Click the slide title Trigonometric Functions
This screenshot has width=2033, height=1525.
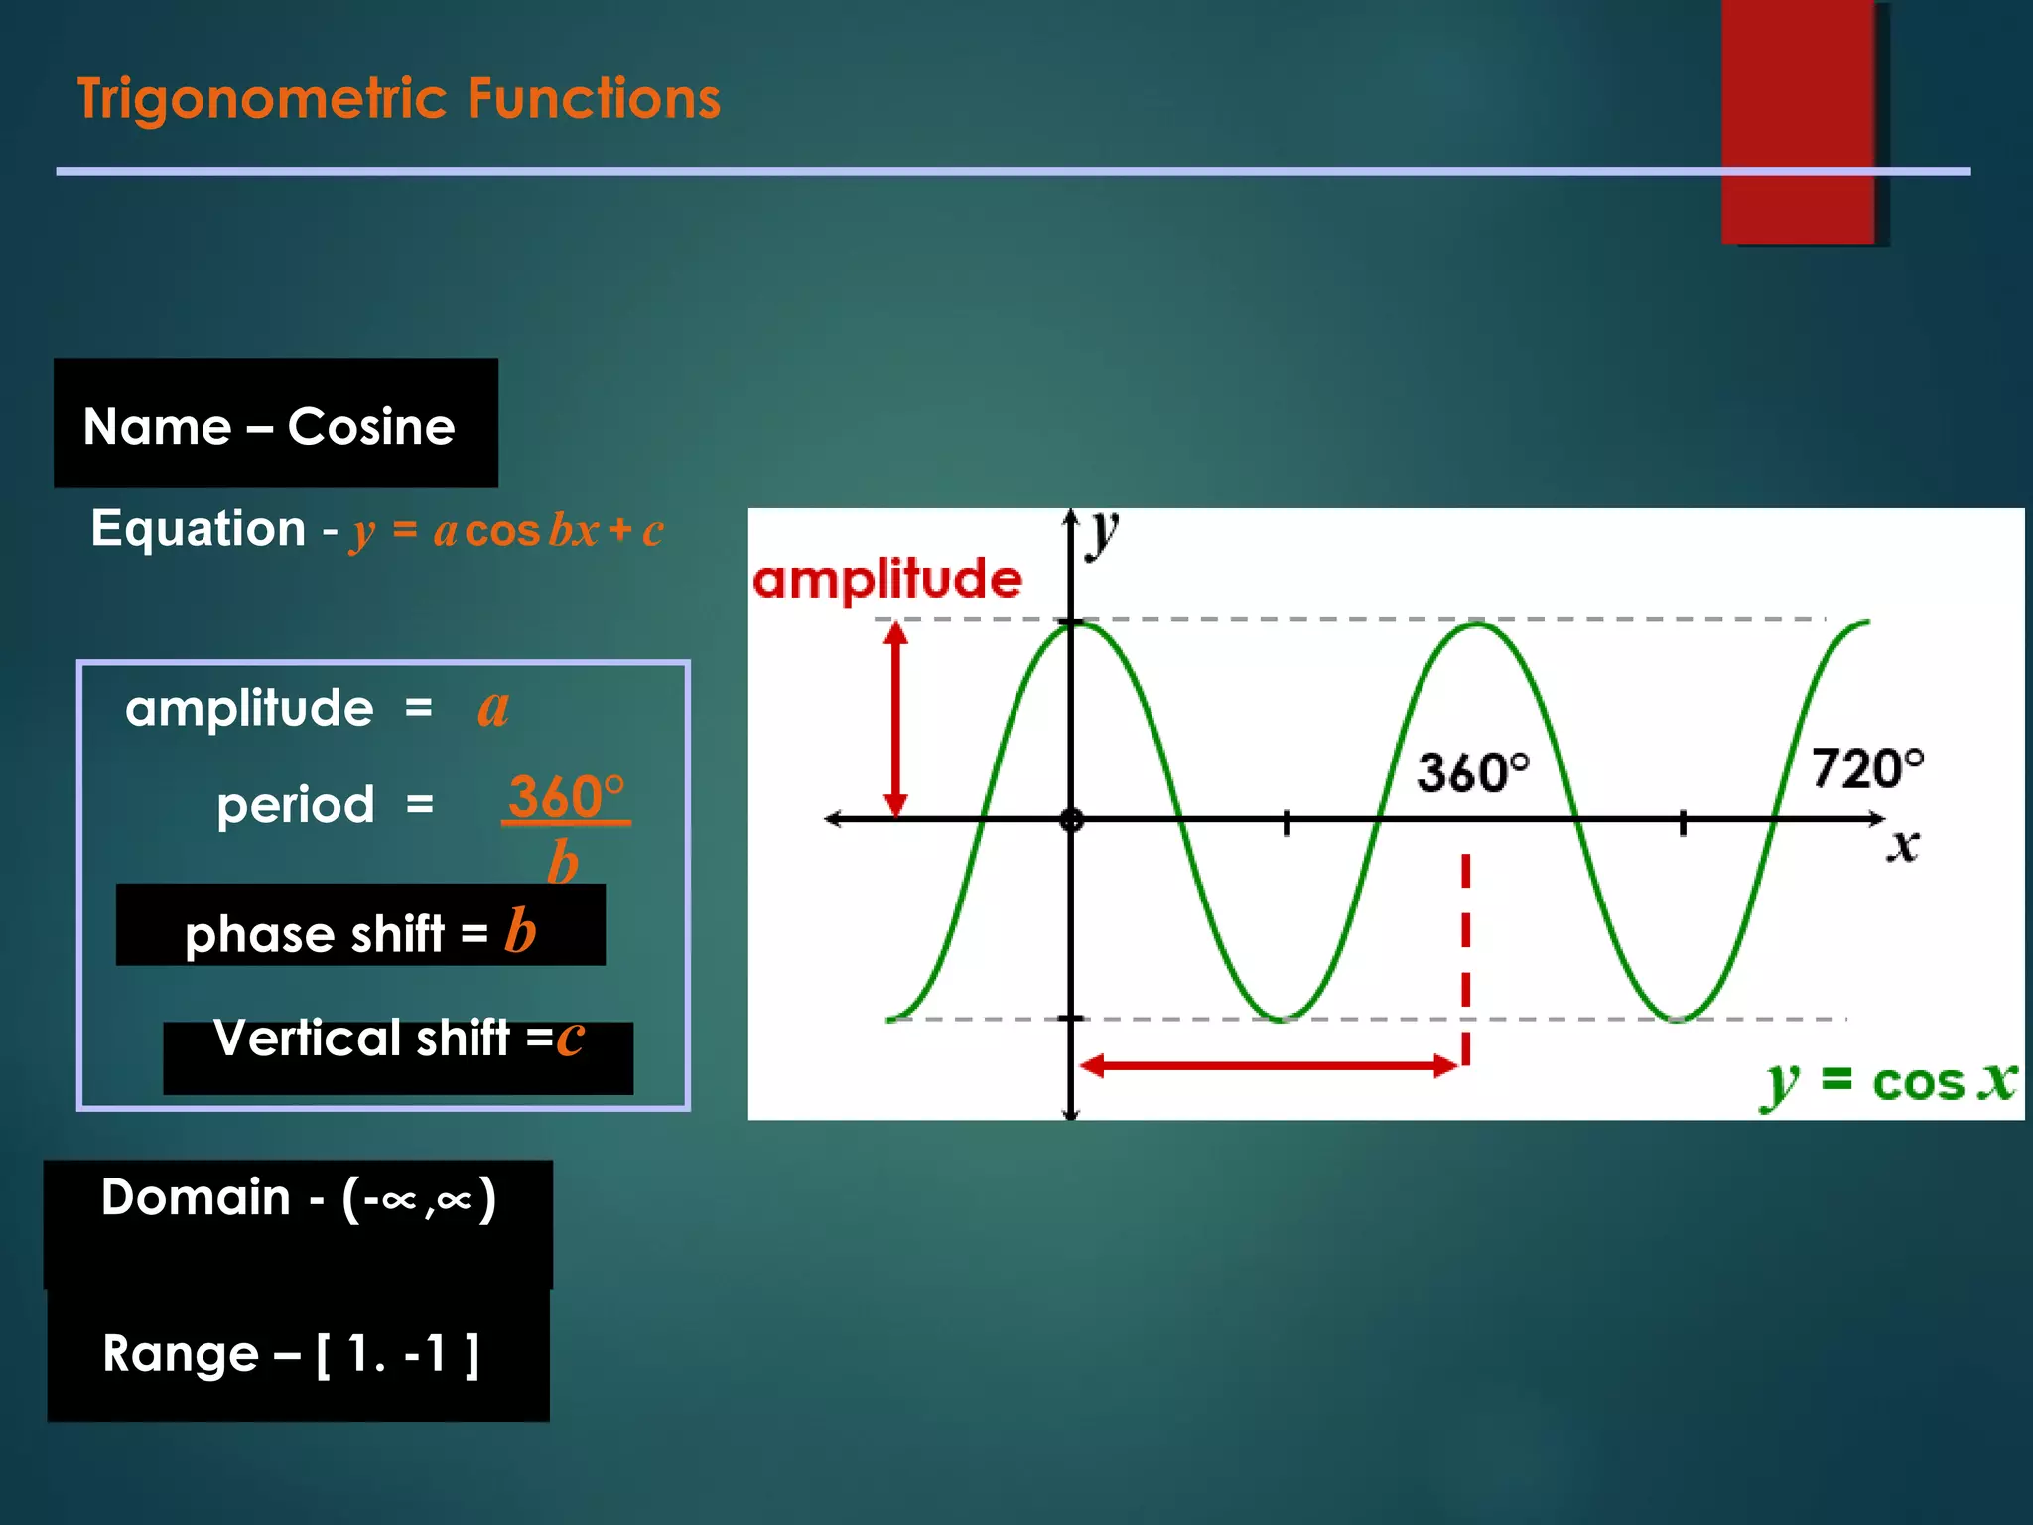[399, 99]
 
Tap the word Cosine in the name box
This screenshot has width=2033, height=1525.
[370, 427]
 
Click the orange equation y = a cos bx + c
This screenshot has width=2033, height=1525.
[506, 530]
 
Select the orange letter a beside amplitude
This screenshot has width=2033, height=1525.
[493, 707]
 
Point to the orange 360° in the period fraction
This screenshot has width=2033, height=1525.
[567, 796]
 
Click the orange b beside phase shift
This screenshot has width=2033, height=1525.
[520, 931]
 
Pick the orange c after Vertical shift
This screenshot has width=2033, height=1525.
[570, 1039]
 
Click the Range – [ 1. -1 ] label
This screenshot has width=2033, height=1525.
[292, 1353]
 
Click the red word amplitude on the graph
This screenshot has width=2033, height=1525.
[886, 579]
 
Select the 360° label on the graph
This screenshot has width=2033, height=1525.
[1472, 772]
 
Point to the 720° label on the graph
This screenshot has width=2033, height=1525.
[1866, 768]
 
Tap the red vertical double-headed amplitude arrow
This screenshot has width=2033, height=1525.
[896, 719]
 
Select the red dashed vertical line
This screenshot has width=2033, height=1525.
[1465, 958]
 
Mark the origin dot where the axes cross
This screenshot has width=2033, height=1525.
[1071, 820]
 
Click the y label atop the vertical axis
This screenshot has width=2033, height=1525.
[1101, 533]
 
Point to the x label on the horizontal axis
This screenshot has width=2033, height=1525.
[1902, 846]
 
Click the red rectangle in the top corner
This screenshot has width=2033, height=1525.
[1799, 119]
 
